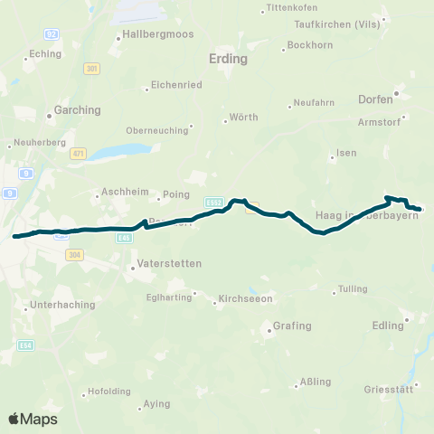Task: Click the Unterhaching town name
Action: click(63, 305)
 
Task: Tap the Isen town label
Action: click(345, 154)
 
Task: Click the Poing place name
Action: click(175, 195)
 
